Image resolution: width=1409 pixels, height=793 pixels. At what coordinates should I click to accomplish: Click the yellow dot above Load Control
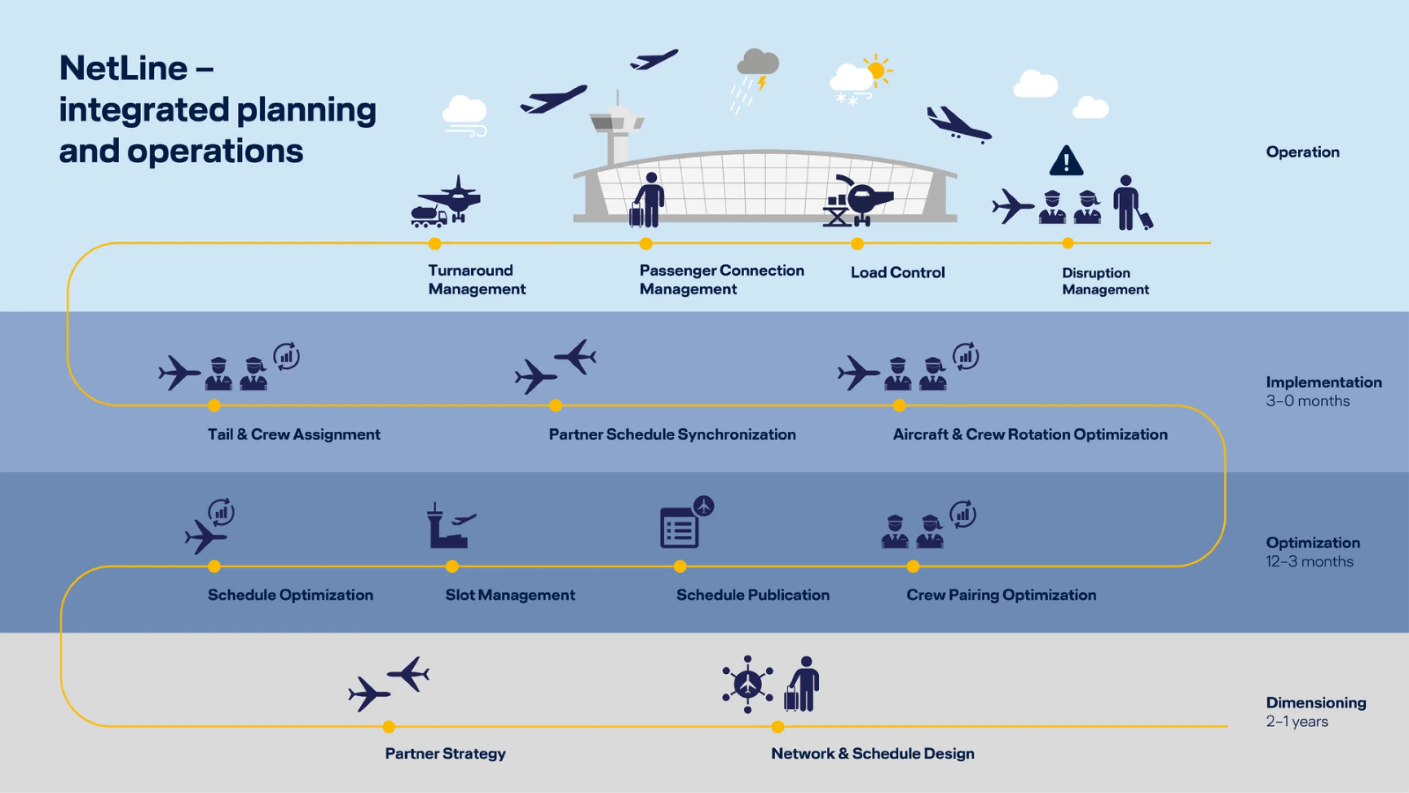[x=857, y=243]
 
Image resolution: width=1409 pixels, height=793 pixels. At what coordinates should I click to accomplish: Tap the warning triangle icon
[x=1066, y=162]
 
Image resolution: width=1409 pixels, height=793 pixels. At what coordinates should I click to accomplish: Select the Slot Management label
[x=510, y=595]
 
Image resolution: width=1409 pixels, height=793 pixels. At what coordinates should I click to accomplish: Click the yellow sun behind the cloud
[x=876, y=70]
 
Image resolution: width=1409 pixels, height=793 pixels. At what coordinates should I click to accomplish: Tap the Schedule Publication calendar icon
[x=680, y=527]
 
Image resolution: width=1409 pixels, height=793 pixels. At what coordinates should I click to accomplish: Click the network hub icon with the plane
[x=747, y=684]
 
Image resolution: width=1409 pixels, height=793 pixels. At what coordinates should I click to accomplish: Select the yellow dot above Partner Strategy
[x=389, y=727]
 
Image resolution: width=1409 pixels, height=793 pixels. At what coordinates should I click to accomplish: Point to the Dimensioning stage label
[x=1315, y=703]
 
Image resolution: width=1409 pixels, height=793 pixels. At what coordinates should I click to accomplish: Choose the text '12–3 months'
[x=1309, y=562]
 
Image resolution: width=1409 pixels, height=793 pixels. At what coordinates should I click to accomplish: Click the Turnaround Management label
[x=477, y=280]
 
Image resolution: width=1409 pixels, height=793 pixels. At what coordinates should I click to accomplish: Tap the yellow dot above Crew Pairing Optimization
[x=913, y=566]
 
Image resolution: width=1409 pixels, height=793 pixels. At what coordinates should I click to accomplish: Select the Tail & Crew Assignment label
[x=294, y=435]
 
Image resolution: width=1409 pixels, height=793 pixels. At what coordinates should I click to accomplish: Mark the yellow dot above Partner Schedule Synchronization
[x=555, y=405]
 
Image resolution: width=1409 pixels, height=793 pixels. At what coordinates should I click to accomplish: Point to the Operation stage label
[x=1302, y=152]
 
